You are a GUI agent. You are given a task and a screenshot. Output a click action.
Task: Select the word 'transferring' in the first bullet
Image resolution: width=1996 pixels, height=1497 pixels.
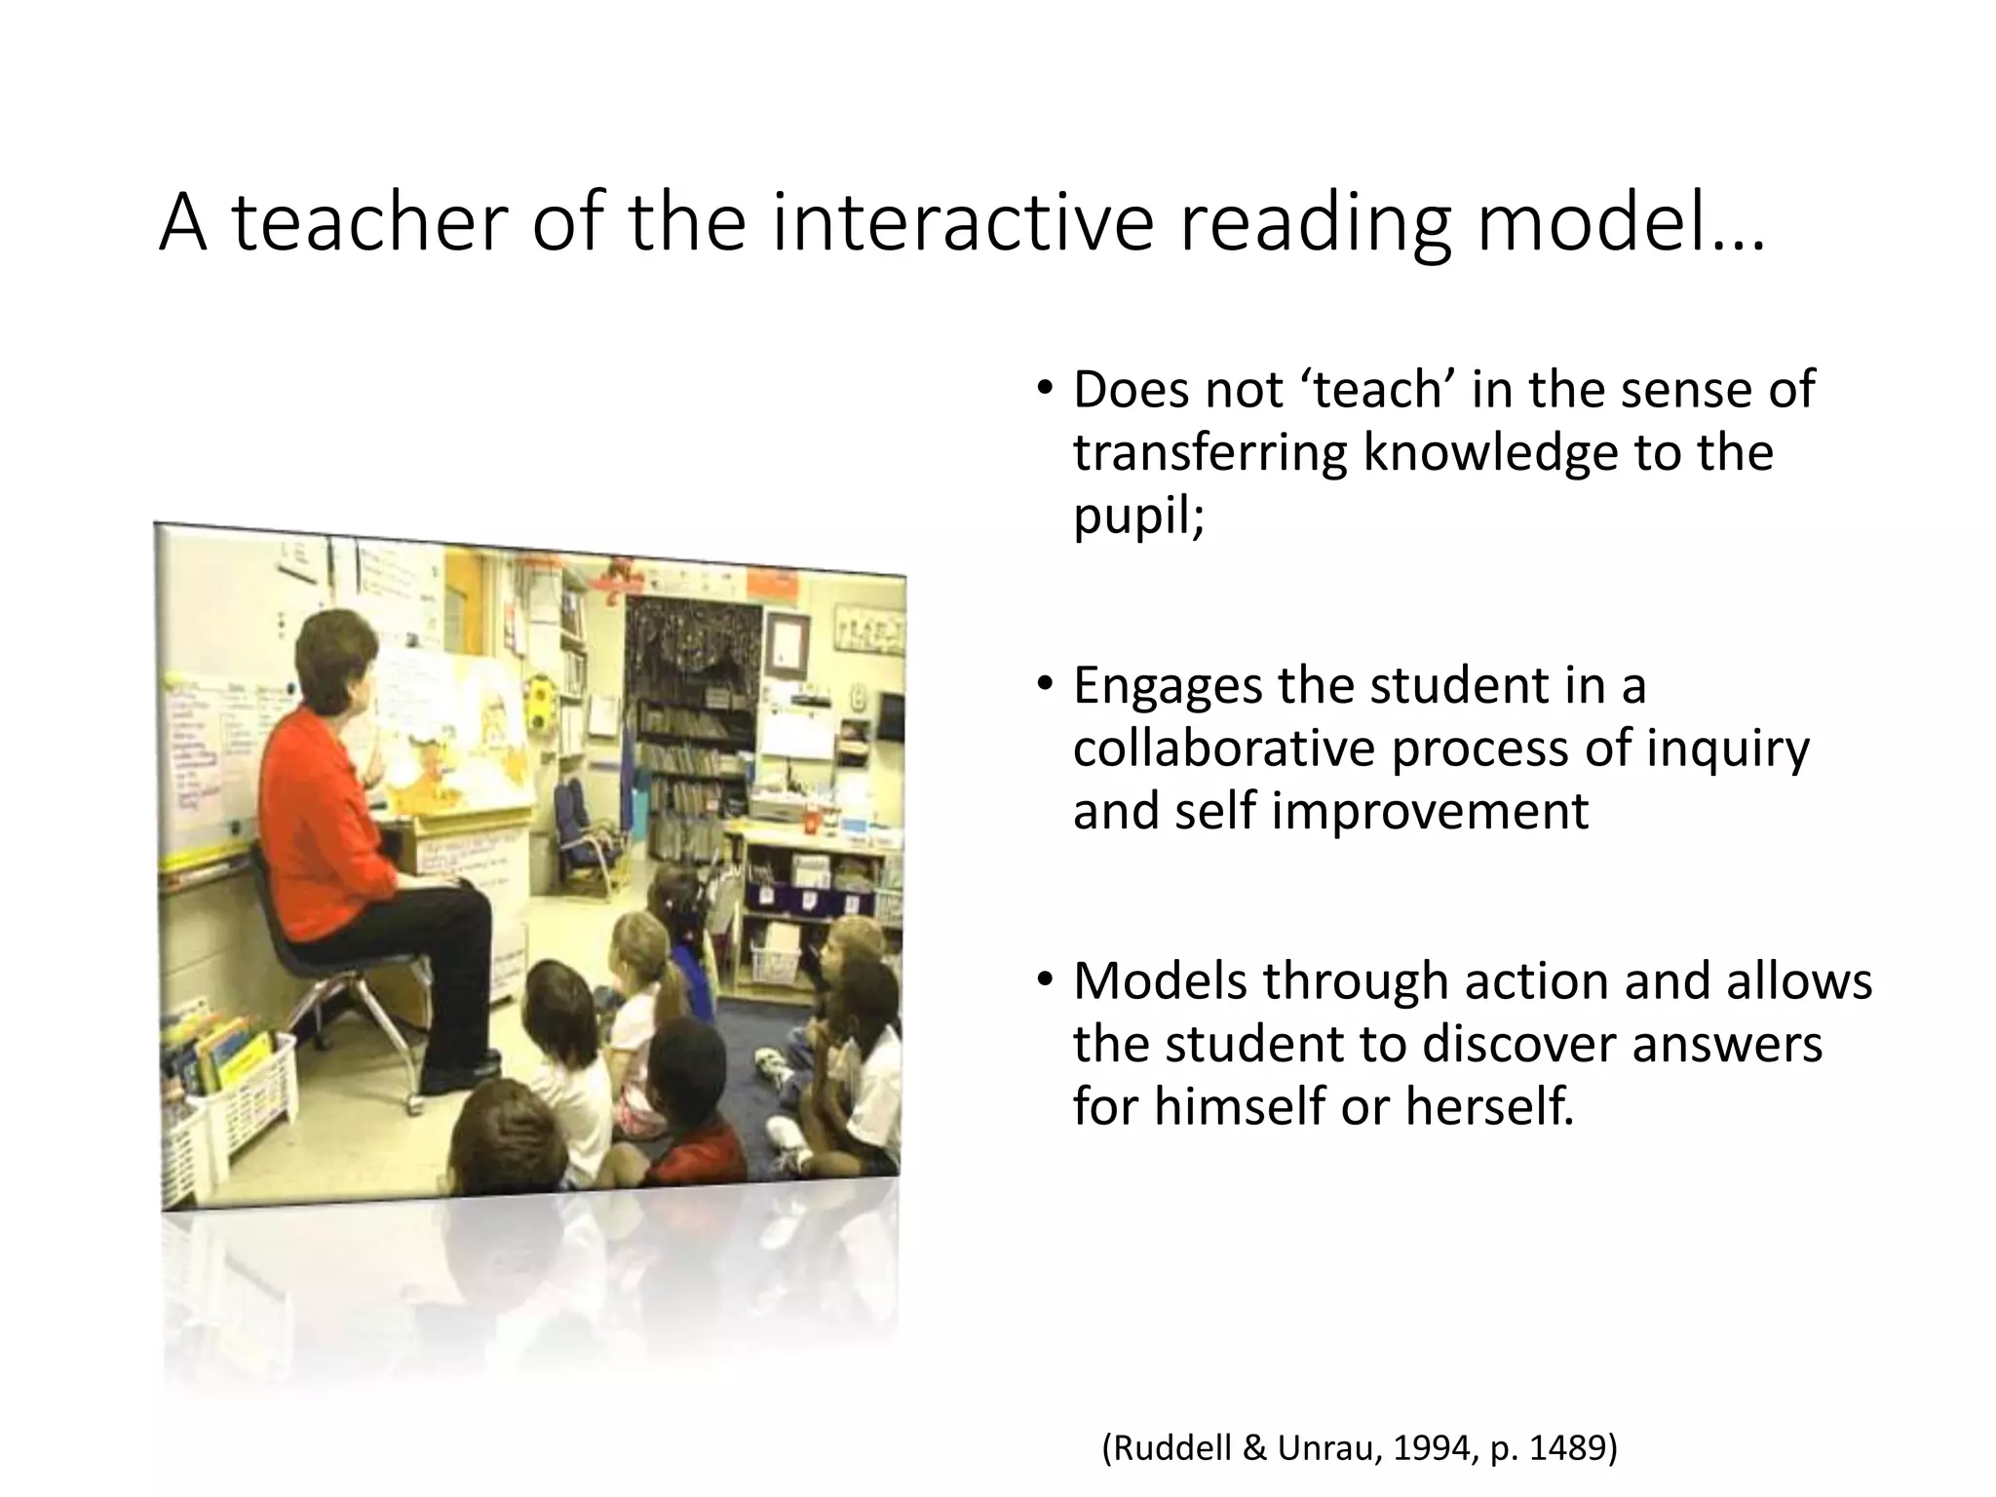(1209, 452)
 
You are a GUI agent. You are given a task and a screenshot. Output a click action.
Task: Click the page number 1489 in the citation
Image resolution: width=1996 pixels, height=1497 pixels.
(1568, 1448)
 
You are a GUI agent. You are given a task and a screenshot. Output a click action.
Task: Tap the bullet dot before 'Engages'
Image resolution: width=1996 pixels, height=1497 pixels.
(1045, 686)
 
